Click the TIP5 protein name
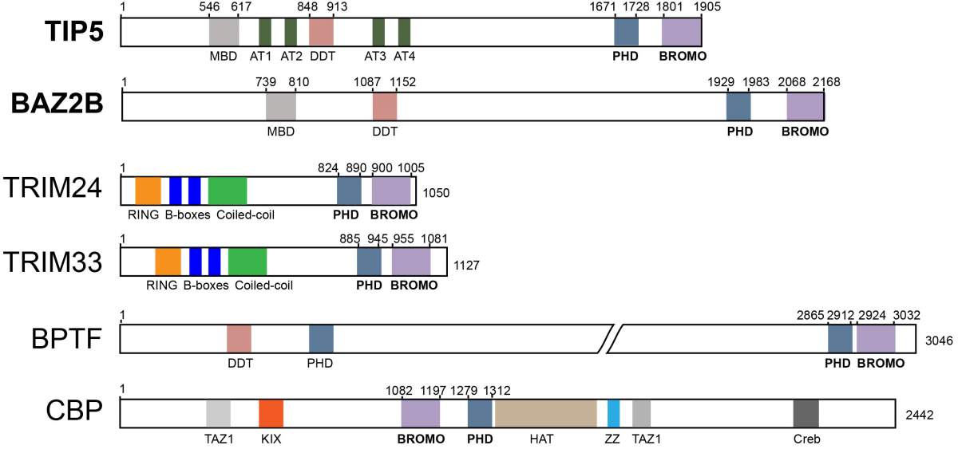click(x=74, y=31)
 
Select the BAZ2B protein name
click(x=57, y=104)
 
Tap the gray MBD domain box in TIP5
click(x=224, y=32)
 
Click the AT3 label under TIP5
click(x=375, y=56)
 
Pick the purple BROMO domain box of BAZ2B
click(x=806, y=106)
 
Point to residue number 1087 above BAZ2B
click(x=367, y=81)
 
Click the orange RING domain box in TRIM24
click(x=148, y=191)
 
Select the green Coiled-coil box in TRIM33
click(x=247, y=262)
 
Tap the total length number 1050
click(x=436, y=193)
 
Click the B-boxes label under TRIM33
click(x=206, y=285)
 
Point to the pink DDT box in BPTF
click(x=239, y=339)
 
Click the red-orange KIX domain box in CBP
click(x=271, y=413)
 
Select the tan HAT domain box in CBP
click(x=546, y=413)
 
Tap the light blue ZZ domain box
click(x=614, y=413)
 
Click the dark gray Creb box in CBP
click(x=806, y=413)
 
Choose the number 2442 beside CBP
click(x=920, y=415)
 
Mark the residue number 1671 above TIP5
click(x=603, y=7)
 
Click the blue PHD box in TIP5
click(x=627, y=32)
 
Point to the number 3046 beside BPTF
click(x=939, y=341)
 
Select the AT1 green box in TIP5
click(x=265, y=32)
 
